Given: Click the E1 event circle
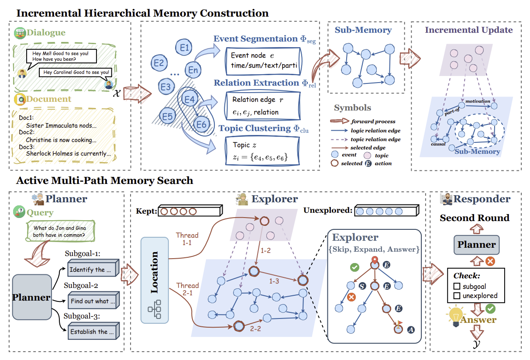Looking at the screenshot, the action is click(x=184, y=47).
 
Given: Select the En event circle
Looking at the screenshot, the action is click(x=193, y=69).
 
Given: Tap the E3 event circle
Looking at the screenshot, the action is click(x=166, y=87).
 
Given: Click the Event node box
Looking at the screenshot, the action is click(x=264, y=61).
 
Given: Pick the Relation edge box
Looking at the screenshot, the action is click(x=262, y=106).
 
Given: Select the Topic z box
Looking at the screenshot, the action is click(x=262, y=151).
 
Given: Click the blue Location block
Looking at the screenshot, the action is click(x=155, y=280).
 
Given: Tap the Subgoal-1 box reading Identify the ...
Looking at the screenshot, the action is click(x=93, y=268).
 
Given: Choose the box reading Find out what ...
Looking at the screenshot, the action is click(x=93, y=300).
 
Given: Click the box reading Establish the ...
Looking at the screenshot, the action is click(x=93, y=331).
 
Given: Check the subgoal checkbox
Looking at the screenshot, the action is click(x=457, y=286).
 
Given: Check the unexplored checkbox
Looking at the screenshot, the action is click(x=457, y=296).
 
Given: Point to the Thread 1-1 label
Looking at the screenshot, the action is click(x=187, y=239).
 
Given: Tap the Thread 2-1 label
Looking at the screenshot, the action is click(x=187, y=289).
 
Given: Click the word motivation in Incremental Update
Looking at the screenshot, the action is click(x=478, y=101).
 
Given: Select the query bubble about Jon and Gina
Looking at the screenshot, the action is click(x=60, y=231).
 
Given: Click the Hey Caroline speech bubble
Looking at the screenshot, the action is click(x=76, y=72).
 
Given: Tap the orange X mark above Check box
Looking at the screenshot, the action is click(x=490, y=261).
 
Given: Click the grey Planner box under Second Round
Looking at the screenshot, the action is click(x=477, y=245).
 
